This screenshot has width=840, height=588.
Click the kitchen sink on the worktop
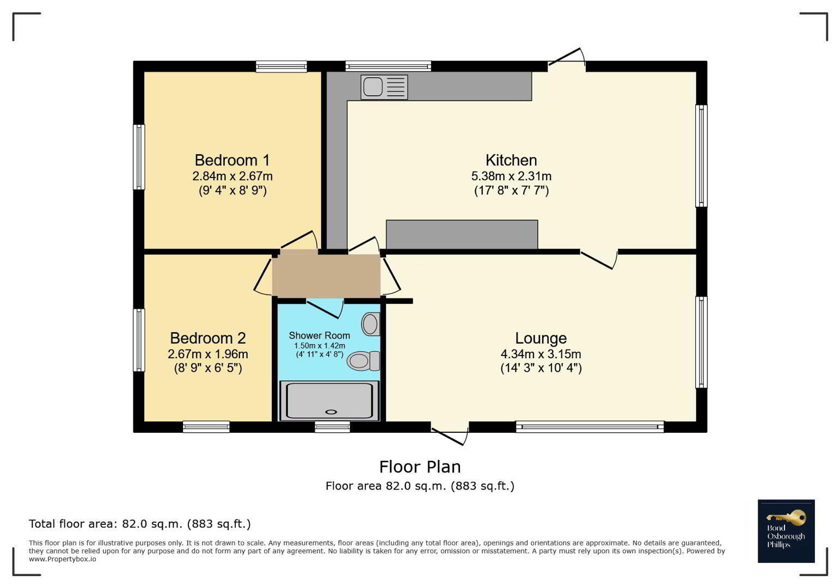[384, 87]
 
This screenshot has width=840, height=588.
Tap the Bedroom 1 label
[232, 160]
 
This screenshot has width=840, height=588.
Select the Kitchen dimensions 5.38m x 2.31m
[511, 176]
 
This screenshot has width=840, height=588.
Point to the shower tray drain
[331, 412]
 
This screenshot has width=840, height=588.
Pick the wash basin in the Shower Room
[371, 324]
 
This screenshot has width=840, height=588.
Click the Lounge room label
[541, 338]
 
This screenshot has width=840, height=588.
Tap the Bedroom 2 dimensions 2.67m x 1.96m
[208, 354]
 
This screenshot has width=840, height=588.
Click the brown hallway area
[326, 275]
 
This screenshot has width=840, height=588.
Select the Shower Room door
[325, 309]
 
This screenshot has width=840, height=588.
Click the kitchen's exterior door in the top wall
[567, 59]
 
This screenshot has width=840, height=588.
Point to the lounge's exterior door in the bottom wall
[450, 434]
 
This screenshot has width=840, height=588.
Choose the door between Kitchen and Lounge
[599, 259]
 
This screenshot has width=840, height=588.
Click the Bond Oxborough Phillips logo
[786, 531]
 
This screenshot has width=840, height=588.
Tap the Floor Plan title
[420, 467]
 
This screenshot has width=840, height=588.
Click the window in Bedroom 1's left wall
[139, 157]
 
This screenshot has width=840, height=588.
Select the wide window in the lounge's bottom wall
[590, 427]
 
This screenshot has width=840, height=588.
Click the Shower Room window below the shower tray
[332, 427]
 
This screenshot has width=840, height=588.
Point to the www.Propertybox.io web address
[62, 559]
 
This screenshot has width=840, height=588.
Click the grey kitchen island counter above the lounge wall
[462, 234]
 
